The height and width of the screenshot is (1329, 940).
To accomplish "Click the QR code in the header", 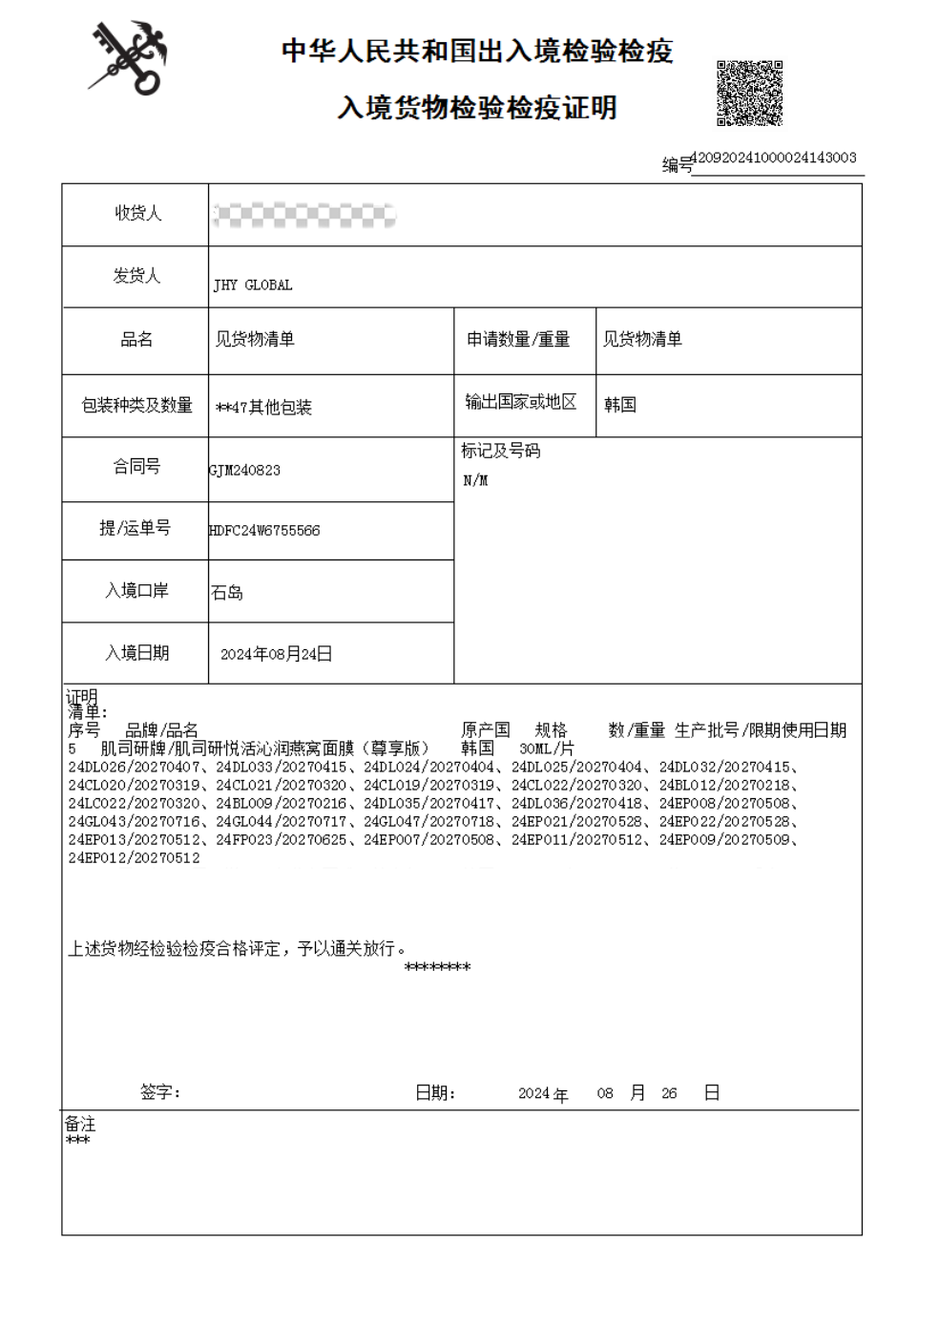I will tap(749, 93).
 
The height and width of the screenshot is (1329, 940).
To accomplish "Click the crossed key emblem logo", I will tap(130, 59).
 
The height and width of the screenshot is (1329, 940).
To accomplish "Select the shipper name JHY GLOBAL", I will tap(253, 285).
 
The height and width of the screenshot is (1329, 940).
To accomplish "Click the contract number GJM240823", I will tap(245, 470).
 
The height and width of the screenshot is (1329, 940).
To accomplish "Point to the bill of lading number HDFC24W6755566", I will tap(265, 530).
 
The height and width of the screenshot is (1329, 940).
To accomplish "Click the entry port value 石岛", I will tap(227, 593).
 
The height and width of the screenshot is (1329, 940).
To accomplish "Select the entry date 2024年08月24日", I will tap(276, 654).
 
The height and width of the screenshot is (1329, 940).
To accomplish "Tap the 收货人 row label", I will tap(137, 213).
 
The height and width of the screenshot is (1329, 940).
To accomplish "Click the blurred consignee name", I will tap(303, 216).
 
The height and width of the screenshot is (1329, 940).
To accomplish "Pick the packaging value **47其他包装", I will tap(264, 408).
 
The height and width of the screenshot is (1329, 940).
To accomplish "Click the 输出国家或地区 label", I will tap(521, 402).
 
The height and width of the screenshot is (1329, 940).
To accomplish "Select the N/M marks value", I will tap(475, 480).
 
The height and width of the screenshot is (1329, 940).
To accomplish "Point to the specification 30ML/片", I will tap(547, 749).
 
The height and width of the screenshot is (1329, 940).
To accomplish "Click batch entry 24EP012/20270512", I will tap(135, 858).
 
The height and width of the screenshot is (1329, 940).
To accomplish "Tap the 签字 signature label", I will tap(159, 1092).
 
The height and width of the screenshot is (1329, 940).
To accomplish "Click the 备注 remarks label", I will tap(80, 1124).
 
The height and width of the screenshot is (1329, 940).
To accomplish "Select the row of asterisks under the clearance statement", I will tap(437, 967).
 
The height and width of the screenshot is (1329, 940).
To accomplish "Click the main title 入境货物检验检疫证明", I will tap(476, 107).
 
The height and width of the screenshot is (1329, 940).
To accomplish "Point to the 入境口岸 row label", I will tap(136, 591).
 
